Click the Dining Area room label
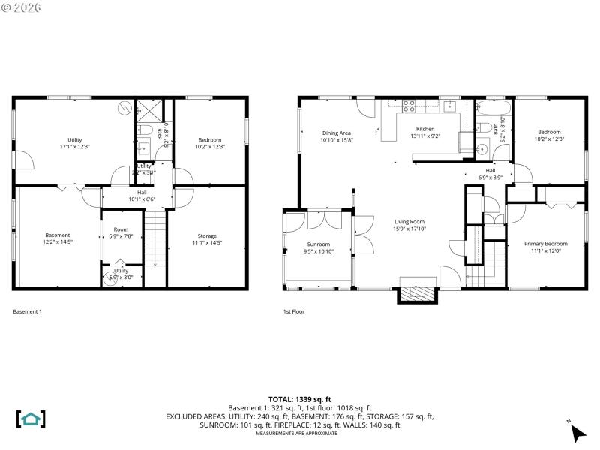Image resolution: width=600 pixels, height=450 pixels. click(x=336, y=133)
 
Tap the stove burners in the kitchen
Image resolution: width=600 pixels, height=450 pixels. click(x=409, y=106)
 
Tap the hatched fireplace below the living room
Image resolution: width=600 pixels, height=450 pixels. click(x=416, y=293)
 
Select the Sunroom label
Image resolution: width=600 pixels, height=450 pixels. click(x=318, y=244)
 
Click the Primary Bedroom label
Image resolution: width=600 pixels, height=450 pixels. click(x=545, y=244)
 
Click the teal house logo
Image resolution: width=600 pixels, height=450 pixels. click(x=31, y=418)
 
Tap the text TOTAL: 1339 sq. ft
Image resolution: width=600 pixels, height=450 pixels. click(x=299, y=399)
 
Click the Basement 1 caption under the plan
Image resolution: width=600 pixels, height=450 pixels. click(x=28, y=311)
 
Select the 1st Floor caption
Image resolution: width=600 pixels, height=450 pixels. click(x=293, y=311)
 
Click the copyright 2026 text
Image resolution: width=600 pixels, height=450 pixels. click(x=22, y=7)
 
